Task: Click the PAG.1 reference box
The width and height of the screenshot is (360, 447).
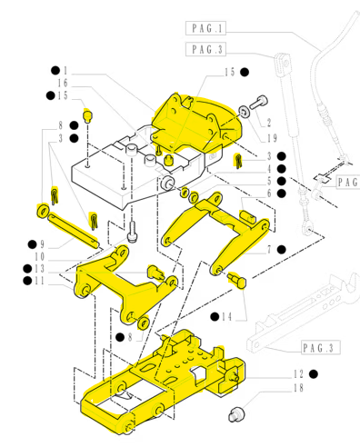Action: point(205,28)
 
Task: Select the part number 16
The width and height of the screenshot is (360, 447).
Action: point(63,83)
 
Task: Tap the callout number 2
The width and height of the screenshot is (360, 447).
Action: point(269,123)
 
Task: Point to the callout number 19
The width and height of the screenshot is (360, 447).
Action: point(272,138)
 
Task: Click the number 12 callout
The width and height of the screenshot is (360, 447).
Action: point(298,374)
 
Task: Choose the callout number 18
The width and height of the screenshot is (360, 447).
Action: point(298,388)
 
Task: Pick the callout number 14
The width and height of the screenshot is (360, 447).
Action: point(226,317)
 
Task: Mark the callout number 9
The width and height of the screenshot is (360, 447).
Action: point(42,244)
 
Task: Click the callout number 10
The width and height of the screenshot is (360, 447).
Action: point(39,257)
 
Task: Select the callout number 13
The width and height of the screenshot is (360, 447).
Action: point(39,269)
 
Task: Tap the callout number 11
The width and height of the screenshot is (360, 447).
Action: point(39,281)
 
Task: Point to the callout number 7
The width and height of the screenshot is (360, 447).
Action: point(269,250)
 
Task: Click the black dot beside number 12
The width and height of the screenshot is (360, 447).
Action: point(314,374)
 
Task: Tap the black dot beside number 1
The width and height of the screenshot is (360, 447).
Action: point(55,71)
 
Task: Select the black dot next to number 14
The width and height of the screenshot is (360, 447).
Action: point(215,317)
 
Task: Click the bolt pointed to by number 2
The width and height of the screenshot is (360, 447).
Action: point(258,102)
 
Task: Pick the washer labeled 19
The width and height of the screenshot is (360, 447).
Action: point(245,112)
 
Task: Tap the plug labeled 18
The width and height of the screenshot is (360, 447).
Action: point(236,414)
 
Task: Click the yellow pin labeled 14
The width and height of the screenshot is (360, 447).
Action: point(237,280)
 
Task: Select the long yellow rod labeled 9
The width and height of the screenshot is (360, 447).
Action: point(73,231)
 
